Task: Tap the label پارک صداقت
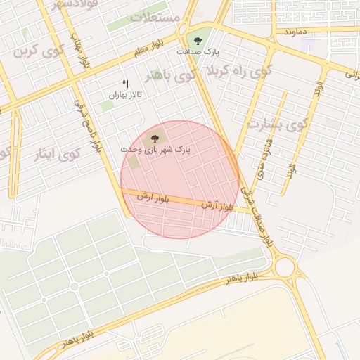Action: point(198,52)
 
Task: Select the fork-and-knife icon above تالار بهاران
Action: point(125,84)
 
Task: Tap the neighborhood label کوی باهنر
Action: point(169,75)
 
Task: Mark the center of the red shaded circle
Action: point(180,179)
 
